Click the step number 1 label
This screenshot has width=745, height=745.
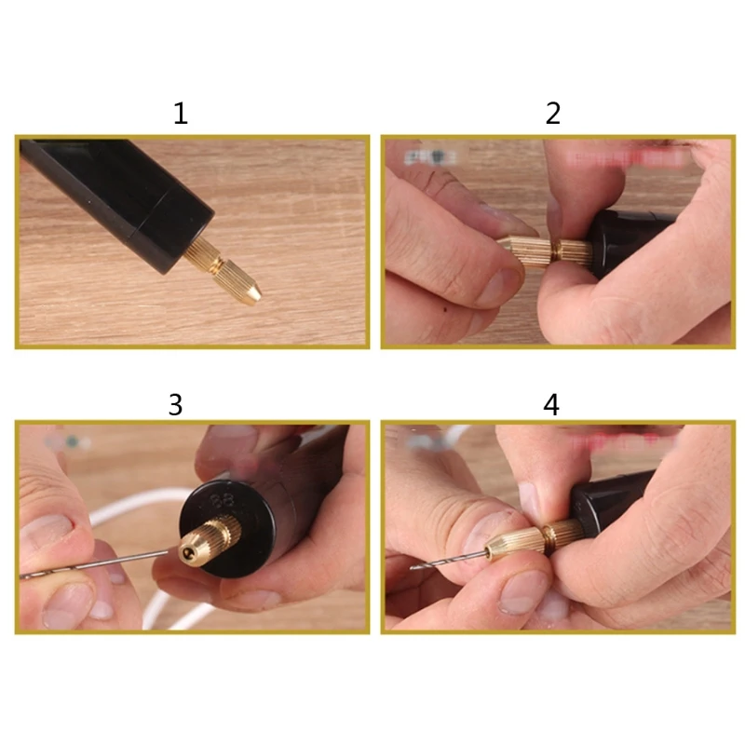point(181,115)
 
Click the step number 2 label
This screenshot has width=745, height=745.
point(553,115)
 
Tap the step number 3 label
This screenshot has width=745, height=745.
point(175,404)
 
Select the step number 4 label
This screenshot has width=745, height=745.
point(552,404)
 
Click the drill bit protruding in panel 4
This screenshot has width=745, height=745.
point(438,561)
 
